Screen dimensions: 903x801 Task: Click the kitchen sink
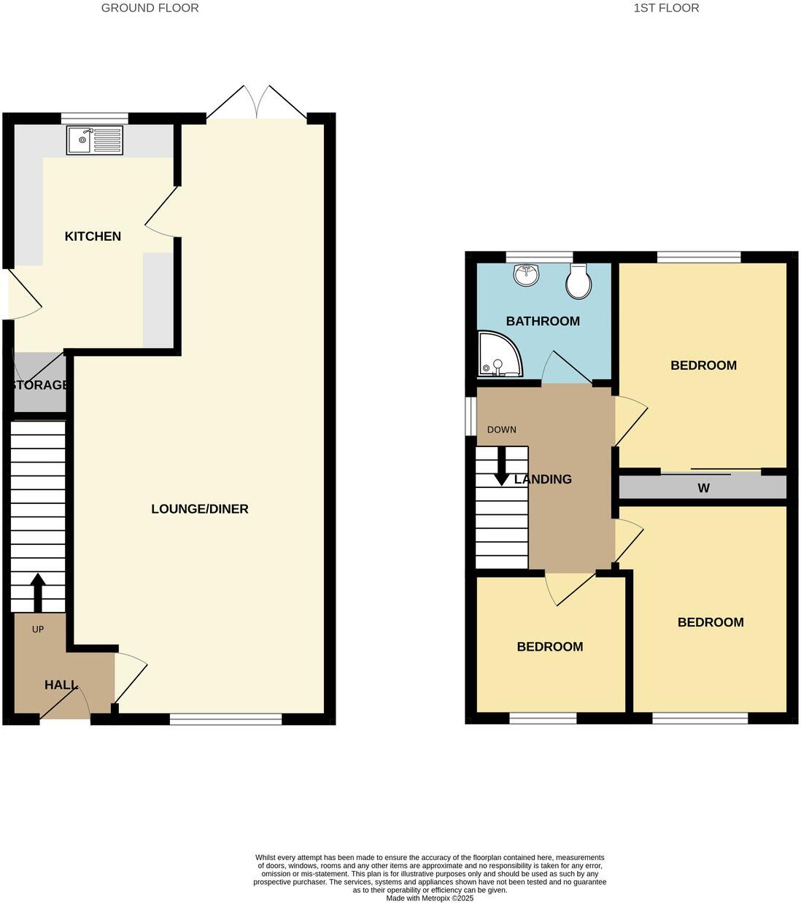pos(95,140)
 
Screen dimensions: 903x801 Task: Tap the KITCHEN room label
pos(93,236)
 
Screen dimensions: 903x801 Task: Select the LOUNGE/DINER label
pos(199,509)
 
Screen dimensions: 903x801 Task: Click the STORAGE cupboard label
pos(39,384)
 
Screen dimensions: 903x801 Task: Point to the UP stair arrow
pos(36,592)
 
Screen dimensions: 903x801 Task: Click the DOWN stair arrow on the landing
pos(502,466)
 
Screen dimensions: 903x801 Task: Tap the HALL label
pos(61,685)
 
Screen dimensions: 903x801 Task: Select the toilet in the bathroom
pos(578,281)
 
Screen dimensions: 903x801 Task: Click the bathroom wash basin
pos(527,275)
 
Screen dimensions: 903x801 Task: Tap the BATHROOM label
pos(543,321)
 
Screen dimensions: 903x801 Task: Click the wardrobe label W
pos(703,488)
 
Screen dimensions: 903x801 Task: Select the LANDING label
pos(543,479)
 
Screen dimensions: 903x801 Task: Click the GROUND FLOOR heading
pos(150,8)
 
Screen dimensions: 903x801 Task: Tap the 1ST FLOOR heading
pos(666,8)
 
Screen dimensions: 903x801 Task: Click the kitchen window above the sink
pos(95,117)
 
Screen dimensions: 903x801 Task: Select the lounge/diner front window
pos(225,719)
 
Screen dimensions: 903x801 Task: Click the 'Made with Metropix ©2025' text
pos(430,898)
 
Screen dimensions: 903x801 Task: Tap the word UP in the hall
pos(38,629)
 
